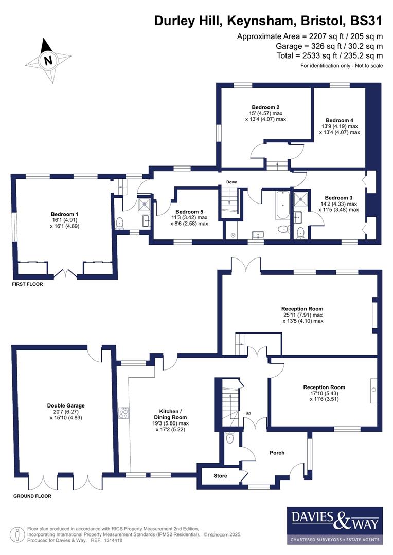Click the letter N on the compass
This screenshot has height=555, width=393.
(x=48, y=61)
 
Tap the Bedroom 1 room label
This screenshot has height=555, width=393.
(x=64, y=214)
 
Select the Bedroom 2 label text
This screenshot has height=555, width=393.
(x=265, y=107)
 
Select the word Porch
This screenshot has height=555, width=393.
(x=277, y=453)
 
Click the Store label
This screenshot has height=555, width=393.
(x=220, y=476)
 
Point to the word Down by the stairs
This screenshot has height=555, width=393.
(x=231, y=182)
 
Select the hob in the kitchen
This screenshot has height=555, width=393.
(x=124, y=413)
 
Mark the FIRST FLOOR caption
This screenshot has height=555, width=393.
(x=28, y=284)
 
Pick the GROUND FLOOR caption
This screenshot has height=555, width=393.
(x=32, y=496)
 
